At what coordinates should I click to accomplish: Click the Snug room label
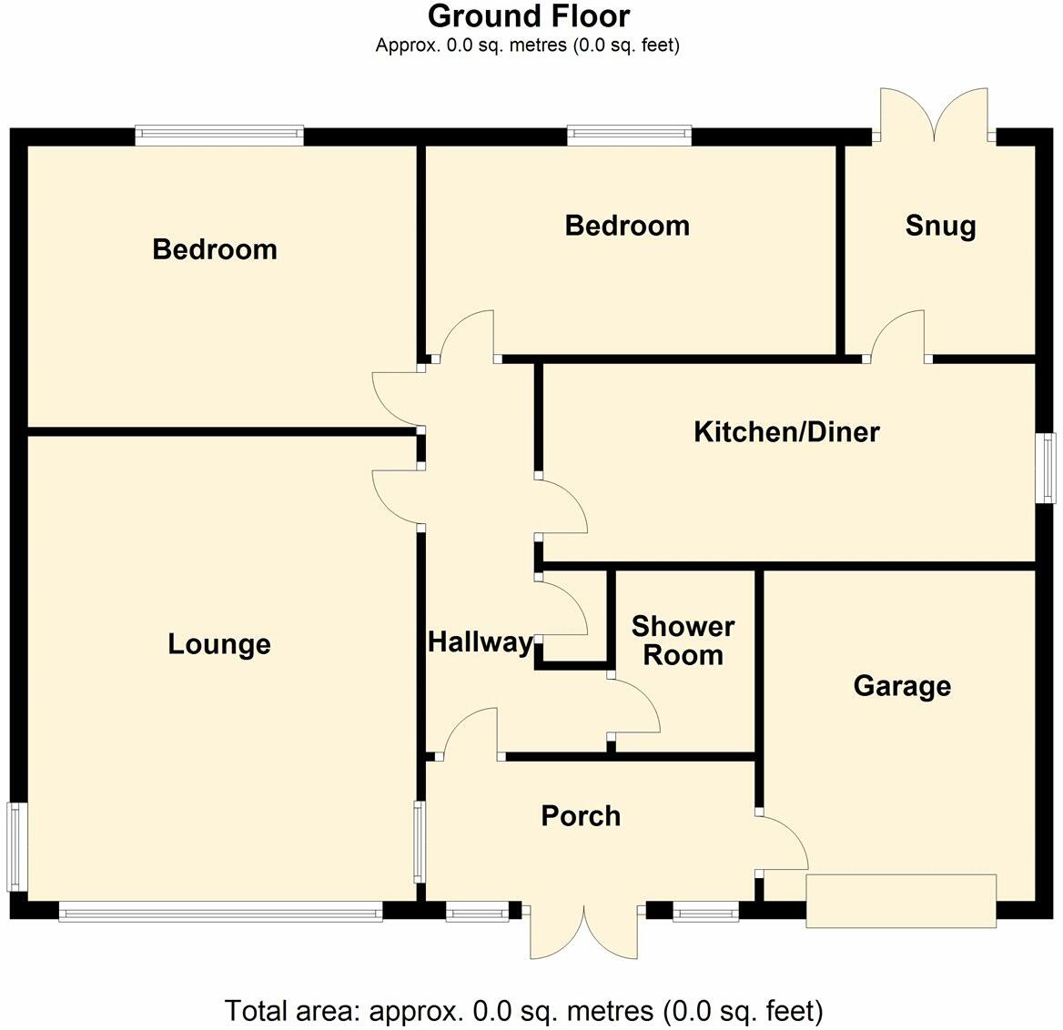pyautogui.click(x=940, y=226)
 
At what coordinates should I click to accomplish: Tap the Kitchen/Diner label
pyautogui.click(x=786, y=431)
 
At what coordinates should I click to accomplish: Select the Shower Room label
pyautogui.click(x=683, y=641)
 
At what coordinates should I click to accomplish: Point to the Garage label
pyautogui.click(x=902, y=685)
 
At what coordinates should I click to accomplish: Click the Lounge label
pyautogui.click(x=219, y=644)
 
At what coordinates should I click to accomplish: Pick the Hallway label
pyautogui.click(x=480, y=642)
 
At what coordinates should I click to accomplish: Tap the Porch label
pyautogui.click(x=581, y=815)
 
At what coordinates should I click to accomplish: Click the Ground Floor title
pyautogui.click(x=528, y=16)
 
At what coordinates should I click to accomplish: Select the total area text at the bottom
pyautogui.click(x=523, y=1010)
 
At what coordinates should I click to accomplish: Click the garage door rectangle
pyautogui.click(x=901, y=901)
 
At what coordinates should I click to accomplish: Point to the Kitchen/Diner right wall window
pyautogui.click(x=1048, y=468)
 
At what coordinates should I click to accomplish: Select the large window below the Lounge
pyautogui.click(x=220, y=911)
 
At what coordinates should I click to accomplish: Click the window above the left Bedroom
pyautogui.click(x=219, y=136)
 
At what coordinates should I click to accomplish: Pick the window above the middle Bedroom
pyautogui.click(x=629, y=136)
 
